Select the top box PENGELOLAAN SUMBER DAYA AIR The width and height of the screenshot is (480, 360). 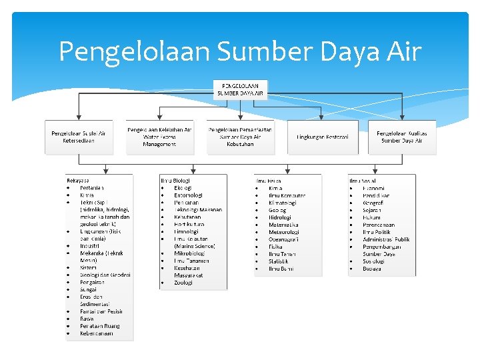click(x=240, y=90)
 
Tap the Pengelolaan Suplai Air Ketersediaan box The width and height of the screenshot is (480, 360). click(x=79, y=137)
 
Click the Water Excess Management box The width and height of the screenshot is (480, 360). click(x=159, y=137)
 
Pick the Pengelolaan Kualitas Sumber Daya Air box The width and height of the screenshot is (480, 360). click(x=402, y=137)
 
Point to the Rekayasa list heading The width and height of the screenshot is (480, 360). click(x=78, y=181)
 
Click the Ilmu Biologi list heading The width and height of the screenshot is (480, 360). click(x=175, y=181)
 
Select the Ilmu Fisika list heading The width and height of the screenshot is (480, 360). click(x=268, y=181)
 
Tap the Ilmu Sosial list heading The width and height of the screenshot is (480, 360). click(x=362, y=181)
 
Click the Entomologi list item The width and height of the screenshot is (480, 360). click(x=188, y=195)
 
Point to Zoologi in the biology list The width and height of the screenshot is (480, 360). click(x=183, y=283)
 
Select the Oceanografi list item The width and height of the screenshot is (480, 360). click(x=283, y=239)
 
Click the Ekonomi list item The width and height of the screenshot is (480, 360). click(x=373, y=188)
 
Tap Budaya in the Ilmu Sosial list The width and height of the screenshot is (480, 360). click(x=372, y=269)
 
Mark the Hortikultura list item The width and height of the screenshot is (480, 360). click(x=189, y=225)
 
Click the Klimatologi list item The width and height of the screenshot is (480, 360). click(x=283, y=203)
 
